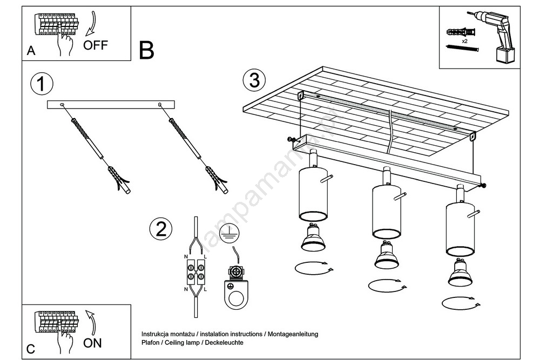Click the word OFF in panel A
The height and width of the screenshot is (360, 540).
(96, 45)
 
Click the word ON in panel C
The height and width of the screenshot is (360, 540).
(92, 343)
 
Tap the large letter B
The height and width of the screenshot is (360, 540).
(146, 50)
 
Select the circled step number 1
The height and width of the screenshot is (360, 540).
(42, 84)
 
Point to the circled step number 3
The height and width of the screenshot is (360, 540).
(254, 80)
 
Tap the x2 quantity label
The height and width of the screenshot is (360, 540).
(464, 41)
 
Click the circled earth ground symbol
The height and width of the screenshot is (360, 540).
(231, 232)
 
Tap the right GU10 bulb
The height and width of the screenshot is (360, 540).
(460, 274)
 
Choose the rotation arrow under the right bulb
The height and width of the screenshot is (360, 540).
(460, 303)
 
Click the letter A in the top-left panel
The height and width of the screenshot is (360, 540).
(31, 51)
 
